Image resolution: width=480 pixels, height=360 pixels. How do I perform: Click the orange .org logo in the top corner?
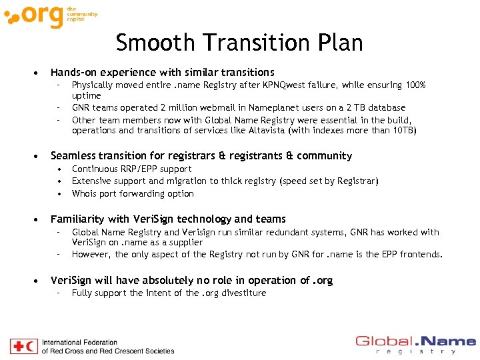coord(37,16)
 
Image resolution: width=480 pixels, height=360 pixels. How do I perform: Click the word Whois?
coord(84,193)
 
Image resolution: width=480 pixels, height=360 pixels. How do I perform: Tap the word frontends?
coord(421,254)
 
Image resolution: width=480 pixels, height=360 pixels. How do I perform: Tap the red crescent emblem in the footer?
coord(31,346)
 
